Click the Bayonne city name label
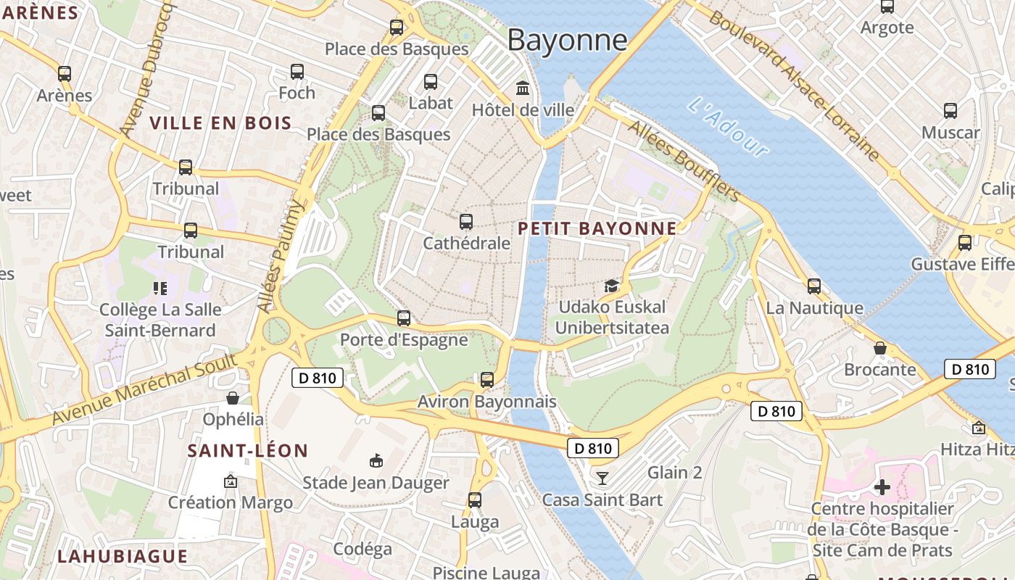[x=567, y=40]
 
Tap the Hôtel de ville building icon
[x=522, y=88]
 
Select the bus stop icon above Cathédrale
[x=466, y=222]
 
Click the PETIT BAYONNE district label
[x=597, y=229]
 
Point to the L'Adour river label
[x=726, y=128]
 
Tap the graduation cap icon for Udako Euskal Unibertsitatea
[x=612, y=286]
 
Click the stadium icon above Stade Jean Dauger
[x=376, y=461]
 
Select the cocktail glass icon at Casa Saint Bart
[x=602, y=478]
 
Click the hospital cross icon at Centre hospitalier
[x=882, y=487]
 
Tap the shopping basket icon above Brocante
[x=879, y=349]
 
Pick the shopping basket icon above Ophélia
[x=233, y=398]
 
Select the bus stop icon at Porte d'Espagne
[x=404, y=318]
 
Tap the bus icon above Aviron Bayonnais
[x=487, y=380]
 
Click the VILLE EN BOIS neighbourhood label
[x=220, y=123]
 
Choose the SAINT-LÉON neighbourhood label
[x=248, y=451]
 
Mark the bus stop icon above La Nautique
[x=814, y=286]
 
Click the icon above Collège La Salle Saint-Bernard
[x=160, y=289]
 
